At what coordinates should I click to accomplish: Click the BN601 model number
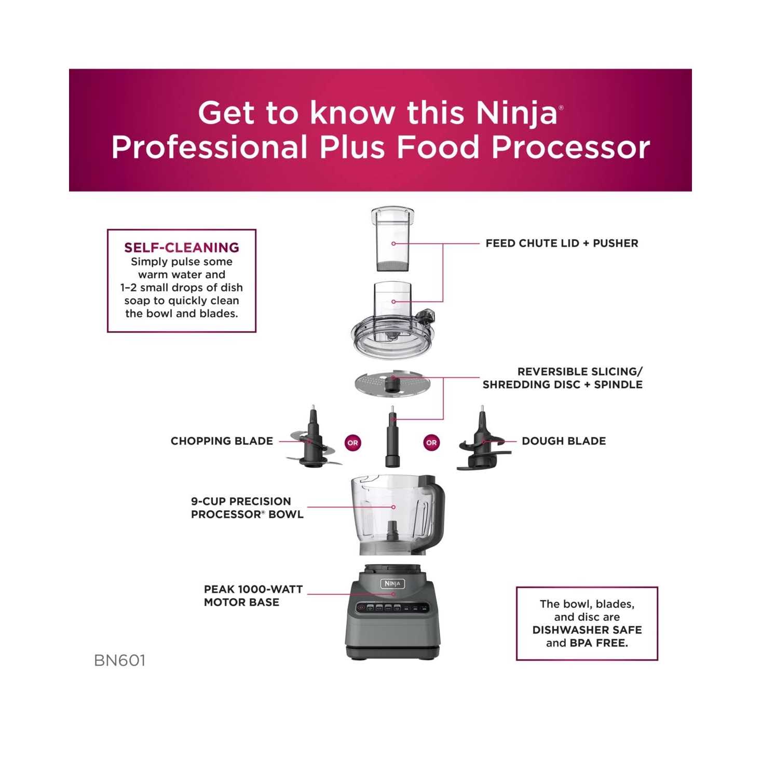pos(120,660)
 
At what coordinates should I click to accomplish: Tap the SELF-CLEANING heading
pos(182,248)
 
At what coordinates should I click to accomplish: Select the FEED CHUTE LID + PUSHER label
pos(562,243)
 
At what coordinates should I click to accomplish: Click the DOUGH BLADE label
pos(564,441)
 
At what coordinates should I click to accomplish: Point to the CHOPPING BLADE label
pos(222,441)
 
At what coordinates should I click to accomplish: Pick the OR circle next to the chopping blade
pos(353,443)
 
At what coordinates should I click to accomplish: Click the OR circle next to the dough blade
pos(431,443)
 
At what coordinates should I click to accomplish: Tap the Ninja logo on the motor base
pos(392,583)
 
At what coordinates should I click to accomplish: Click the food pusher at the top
pos(393,240)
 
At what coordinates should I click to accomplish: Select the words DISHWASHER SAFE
pos(587,630)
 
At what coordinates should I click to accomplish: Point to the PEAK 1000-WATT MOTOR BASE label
pos(253,596)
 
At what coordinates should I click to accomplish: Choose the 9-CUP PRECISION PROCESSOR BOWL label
pos(247,508)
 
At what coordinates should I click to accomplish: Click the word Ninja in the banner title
pos(516,113)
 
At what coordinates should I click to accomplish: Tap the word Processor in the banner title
pos(570,147)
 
